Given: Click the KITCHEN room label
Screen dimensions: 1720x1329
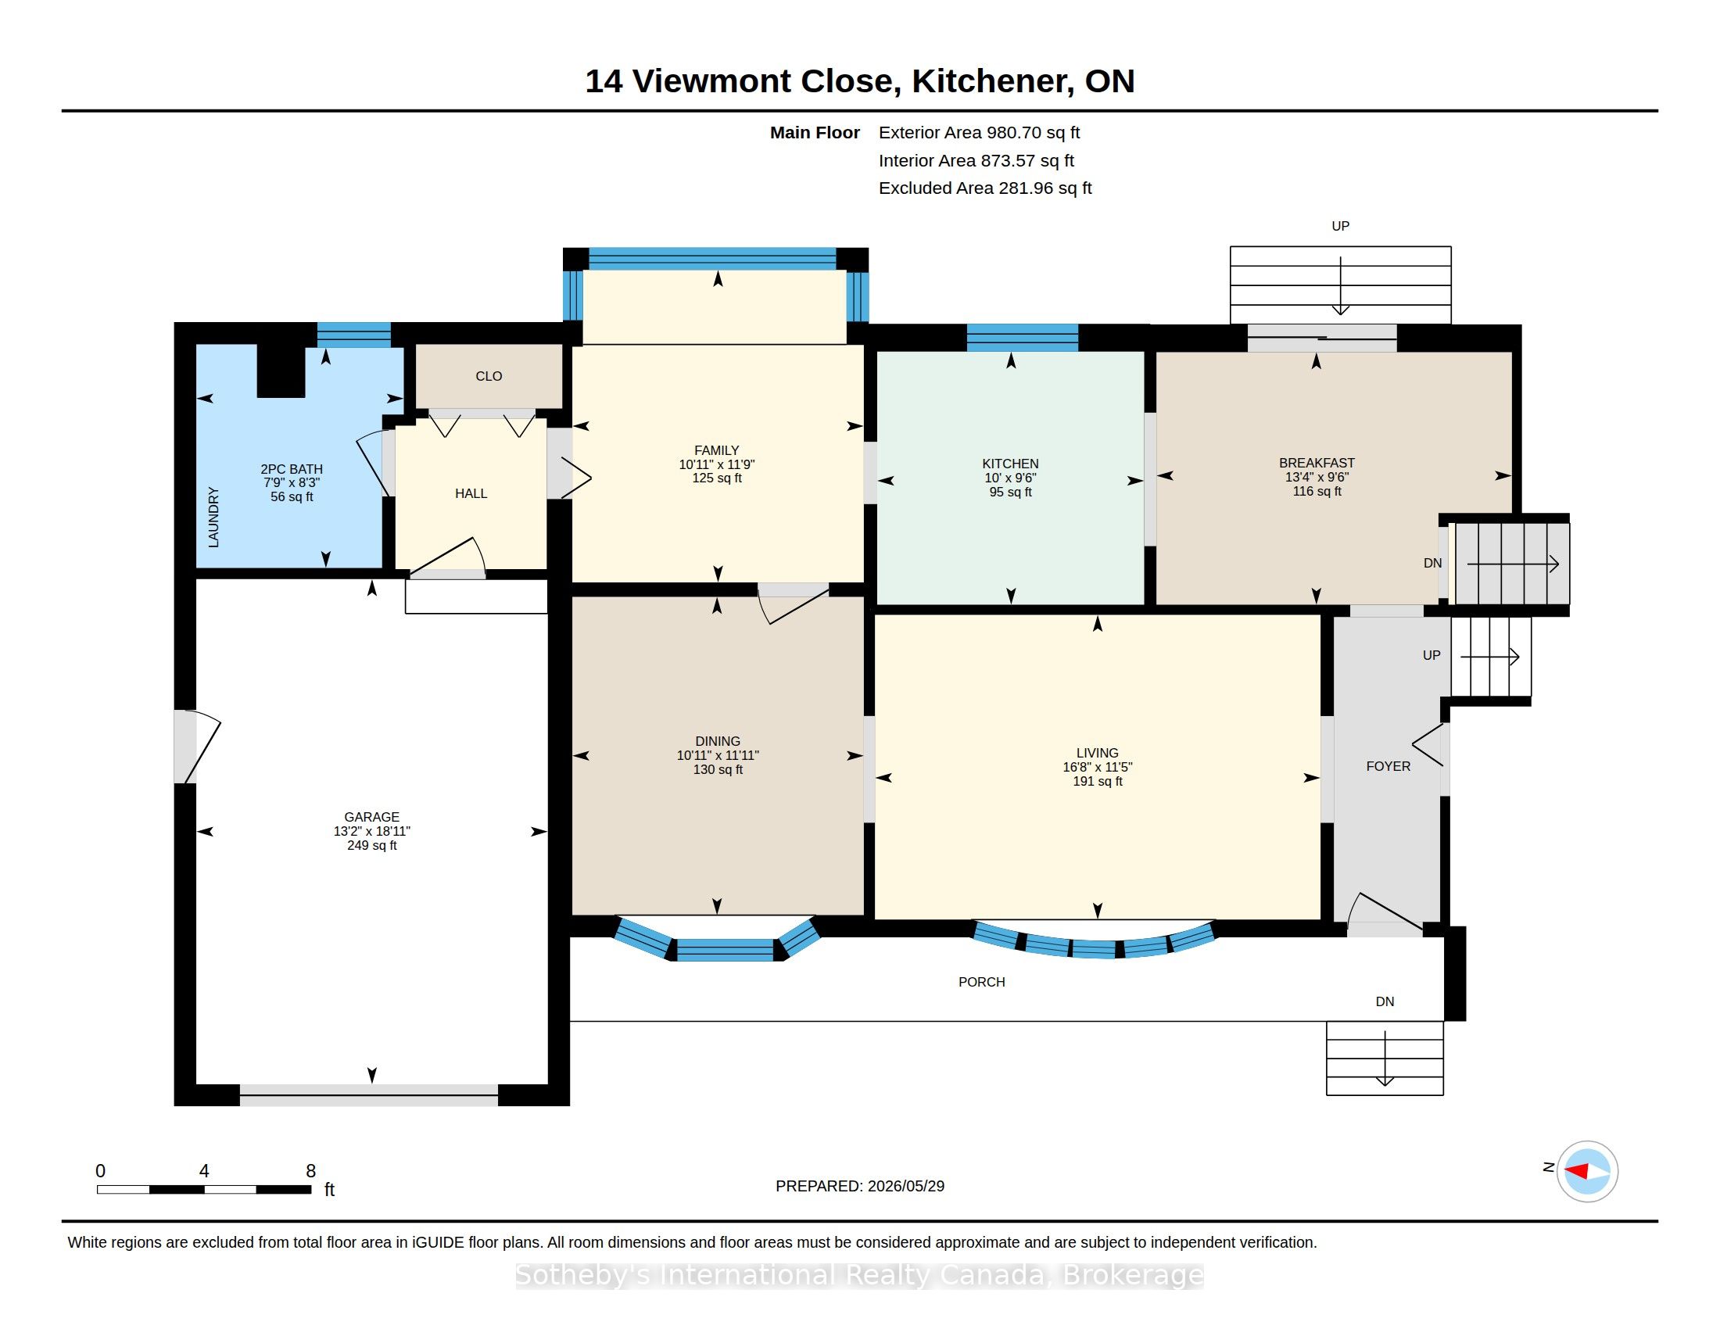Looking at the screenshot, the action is (x=1009, y=464).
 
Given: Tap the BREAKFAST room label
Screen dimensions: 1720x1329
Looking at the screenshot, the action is (x=1317, y=463).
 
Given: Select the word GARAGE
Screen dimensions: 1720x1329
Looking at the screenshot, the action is (x=371, y=817).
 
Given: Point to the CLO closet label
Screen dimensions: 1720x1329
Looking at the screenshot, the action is (x=489, y=376).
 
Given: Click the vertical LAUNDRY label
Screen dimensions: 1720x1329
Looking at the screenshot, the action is (x=213, y=518).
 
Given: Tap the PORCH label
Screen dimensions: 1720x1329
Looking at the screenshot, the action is (x=981, y=982).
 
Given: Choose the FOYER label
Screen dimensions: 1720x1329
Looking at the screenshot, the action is (x=1388, y=766).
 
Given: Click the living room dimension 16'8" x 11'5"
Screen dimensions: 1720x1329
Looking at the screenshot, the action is (x=1097, y=767).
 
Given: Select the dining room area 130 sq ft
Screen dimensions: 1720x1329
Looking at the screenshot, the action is (x=718, y=769).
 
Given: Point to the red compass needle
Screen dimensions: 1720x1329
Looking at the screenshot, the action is (x=1576, y=1172).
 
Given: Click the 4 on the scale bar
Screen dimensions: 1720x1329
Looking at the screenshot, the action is (x=204, y=1171).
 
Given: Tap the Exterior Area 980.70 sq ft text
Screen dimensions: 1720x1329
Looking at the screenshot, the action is (x=979, y=133).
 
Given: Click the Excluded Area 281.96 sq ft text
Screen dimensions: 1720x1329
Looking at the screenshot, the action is (x=985, y=188).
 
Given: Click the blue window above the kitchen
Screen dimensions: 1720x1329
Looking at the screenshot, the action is (x=1023, y=337).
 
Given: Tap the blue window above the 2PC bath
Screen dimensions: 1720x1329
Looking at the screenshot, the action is (x=353, y=335).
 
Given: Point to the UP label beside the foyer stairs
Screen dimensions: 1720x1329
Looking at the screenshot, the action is (x=1431, y=655).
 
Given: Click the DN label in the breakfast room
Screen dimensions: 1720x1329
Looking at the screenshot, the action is (x=1432, y=563).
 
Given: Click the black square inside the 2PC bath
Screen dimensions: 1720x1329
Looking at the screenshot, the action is (x=281, y=371).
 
